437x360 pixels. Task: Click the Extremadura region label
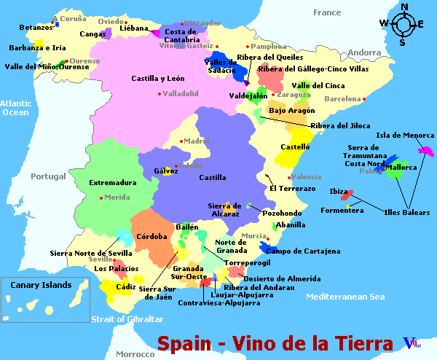pos(113,182)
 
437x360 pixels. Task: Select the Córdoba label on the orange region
pos(151,236)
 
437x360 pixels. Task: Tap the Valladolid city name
pos(181,93)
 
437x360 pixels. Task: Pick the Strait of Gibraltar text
pos(127,319)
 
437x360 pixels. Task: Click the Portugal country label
pos(48,176)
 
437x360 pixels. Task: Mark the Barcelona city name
pos(342,98)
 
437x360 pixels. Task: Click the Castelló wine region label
pos(295,147)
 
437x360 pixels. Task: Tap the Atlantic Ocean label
pos(15,108)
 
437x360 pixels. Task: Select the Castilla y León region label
pos(158,78)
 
